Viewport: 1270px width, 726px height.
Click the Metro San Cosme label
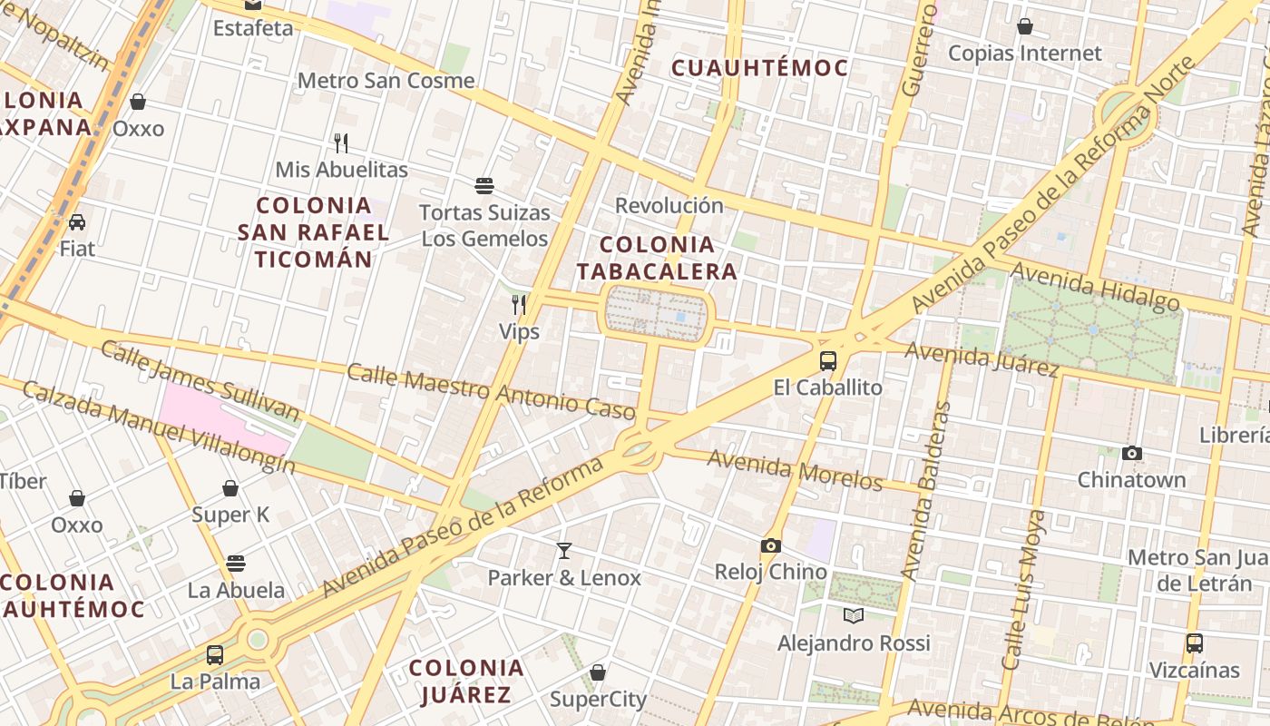(386, 80)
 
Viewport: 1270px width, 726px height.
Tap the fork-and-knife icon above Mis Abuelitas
(341, 142)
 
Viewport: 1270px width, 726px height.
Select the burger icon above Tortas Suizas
(484, 186)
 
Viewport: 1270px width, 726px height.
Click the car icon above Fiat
(77, 221)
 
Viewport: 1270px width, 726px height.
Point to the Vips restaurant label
(519, 331)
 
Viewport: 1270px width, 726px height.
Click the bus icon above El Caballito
(828, 360)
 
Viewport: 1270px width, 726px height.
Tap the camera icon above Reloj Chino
(771, 545)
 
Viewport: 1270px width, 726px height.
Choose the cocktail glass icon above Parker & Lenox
(564, 550)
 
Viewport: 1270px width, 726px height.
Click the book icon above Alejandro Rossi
(854, 616)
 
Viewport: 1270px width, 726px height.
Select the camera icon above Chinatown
(1131, 453)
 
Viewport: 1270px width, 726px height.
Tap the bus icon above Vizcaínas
(1195, 643)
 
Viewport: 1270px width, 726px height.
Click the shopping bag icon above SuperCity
(598, 672)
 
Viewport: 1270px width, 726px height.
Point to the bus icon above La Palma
(215, 654)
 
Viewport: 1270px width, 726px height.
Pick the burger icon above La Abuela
(236, 564)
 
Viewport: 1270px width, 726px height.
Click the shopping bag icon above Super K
(230, 488)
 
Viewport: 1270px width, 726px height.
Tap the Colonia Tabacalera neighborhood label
(657, 258)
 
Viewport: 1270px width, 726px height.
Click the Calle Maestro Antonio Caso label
(491, 392)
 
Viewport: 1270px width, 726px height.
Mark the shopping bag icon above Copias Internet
(1025, 26)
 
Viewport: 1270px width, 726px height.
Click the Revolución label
(669, 205)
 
